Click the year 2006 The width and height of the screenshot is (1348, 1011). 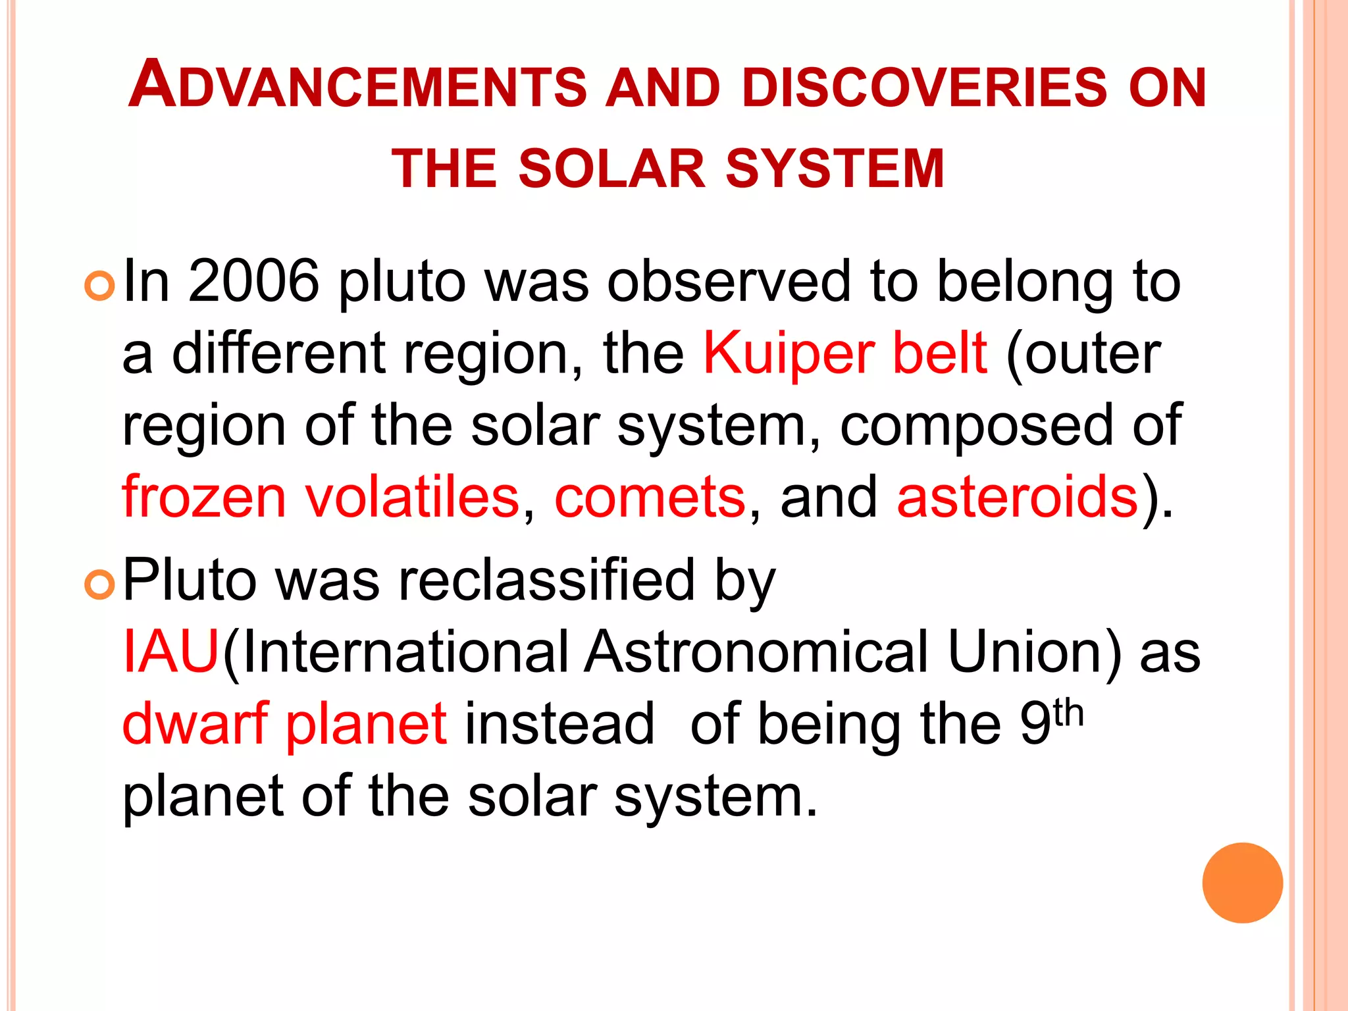pos(253,282)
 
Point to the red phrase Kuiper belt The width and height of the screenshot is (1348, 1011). pos(845,353)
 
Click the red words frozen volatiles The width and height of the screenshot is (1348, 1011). pos(321,497)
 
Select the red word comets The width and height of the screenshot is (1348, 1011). pos(650,497)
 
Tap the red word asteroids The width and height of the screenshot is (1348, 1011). pos(1017,497)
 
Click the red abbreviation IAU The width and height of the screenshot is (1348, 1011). pos(170,652)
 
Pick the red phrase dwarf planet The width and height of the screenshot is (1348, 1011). pos(285,724)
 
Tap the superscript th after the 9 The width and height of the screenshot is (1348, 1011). pos(1068,713)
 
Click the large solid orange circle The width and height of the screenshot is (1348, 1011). pos(1242,883)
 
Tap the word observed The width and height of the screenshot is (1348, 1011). pos(729,282)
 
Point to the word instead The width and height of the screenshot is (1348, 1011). pos(559,724)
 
